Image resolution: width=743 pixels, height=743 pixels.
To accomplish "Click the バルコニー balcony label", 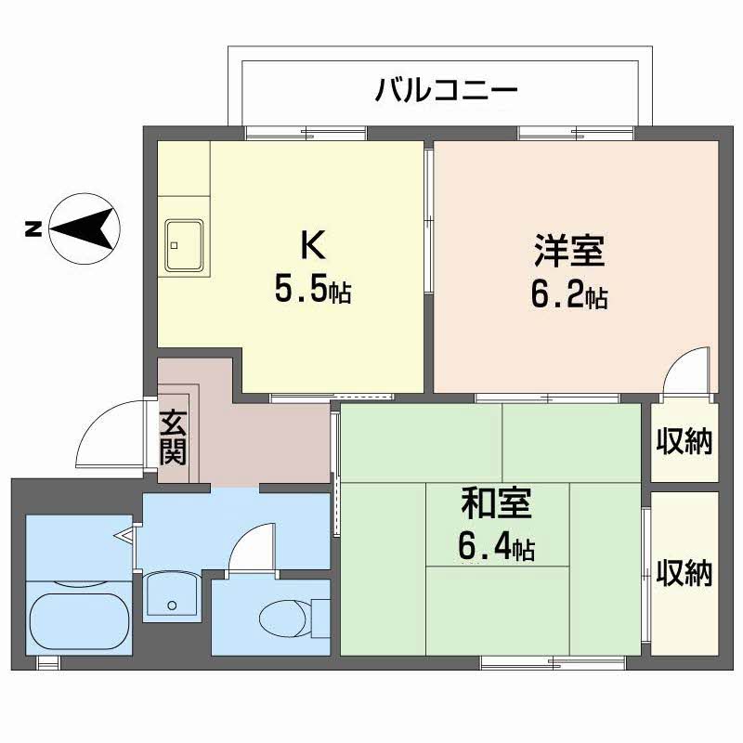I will [x=445, y=90].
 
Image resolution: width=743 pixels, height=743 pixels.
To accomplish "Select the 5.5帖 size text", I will [x=312, y=291].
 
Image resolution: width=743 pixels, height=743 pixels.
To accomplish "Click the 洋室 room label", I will [x=569, y=251].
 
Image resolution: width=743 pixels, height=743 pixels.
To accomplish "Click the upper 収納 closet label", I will [x=684, y=442].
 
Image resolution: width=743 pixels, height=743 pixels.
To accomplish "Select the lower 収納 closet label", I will [x=684, y=573].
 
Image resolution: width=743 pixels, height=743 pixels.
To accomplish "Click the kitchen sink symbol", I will [x=185, y=246].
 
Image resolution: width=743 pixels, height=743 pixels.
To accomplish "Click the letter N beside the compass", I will [x=32, y=228].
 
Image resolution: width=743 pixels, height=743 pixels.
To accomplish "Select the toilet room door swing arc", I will [x=252, y=547].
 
